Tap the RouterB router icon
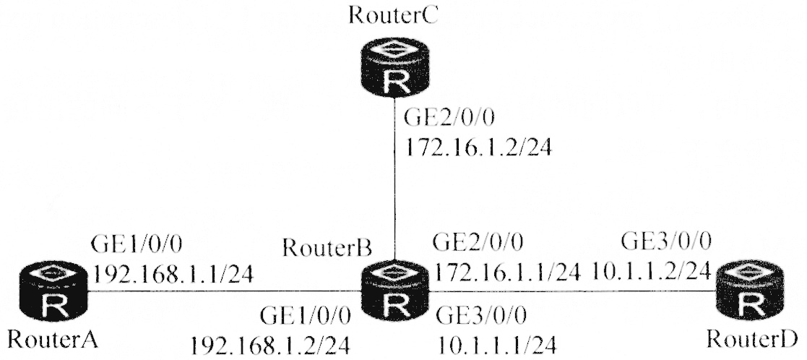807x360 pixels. [394, 292]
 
